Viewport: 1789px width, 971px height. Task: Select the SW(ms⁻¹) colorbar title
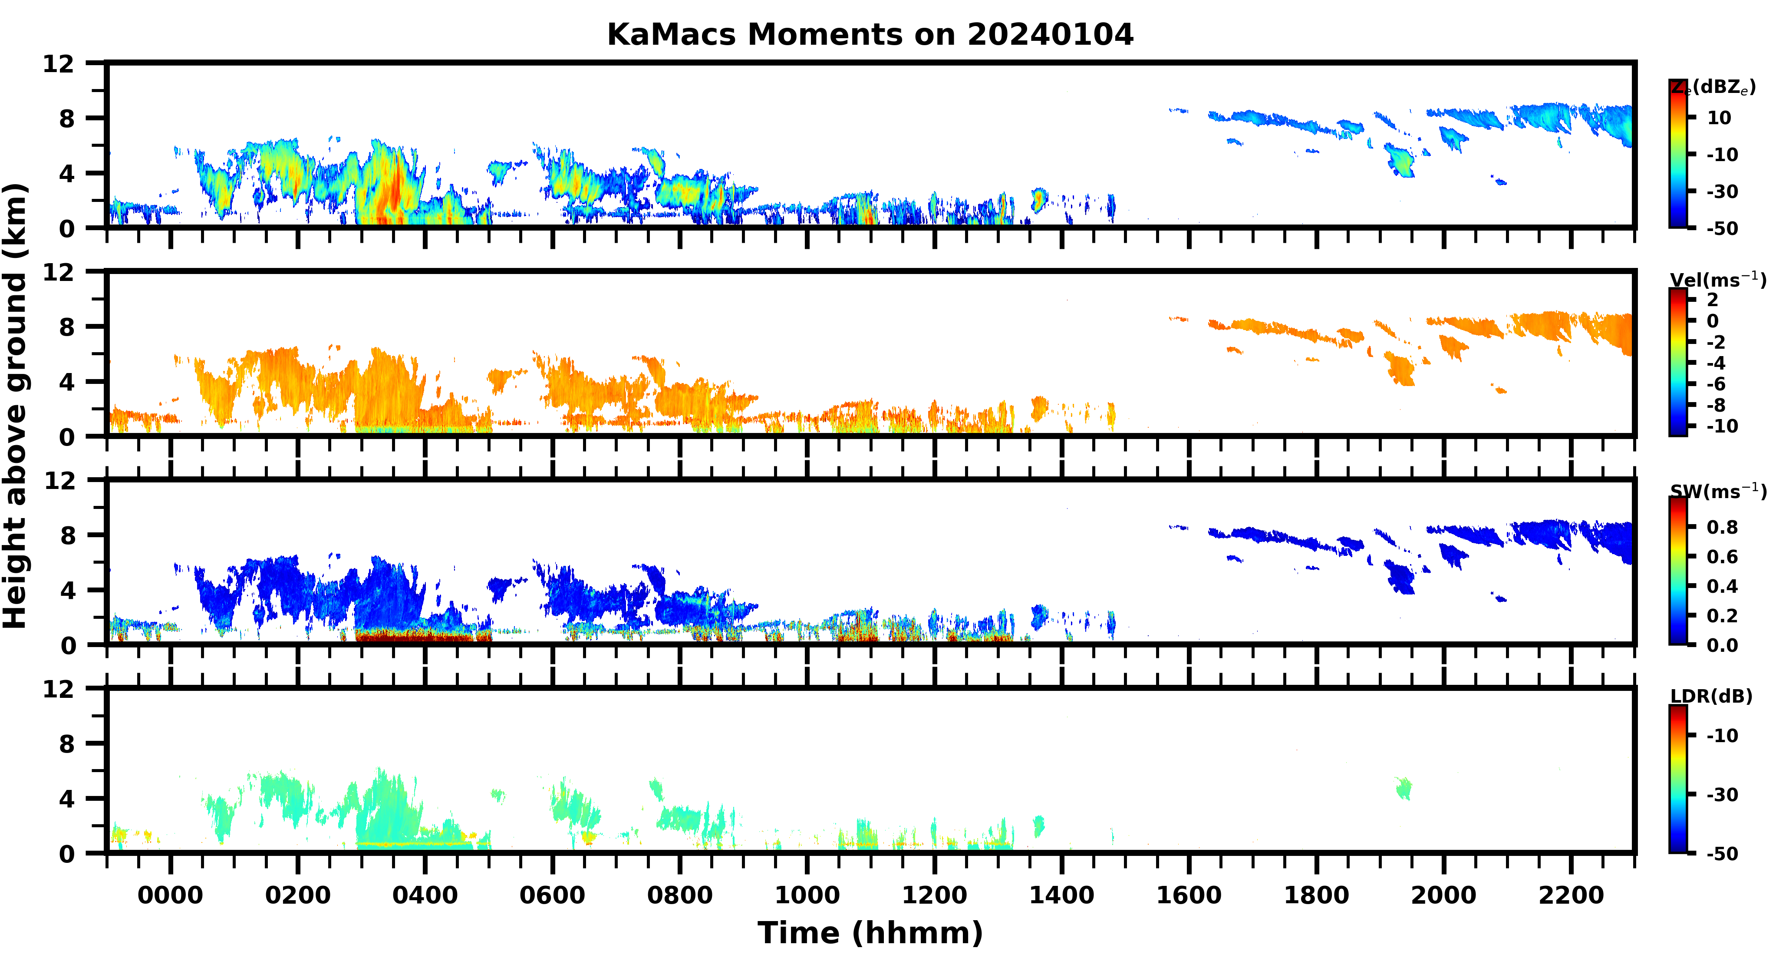coord(1717,491)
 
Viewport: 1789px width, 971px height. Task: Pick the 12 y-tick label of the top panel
coord(58,64)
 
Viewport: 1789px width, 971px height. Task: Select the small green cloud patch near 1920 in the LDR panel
coord(1404,788)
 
